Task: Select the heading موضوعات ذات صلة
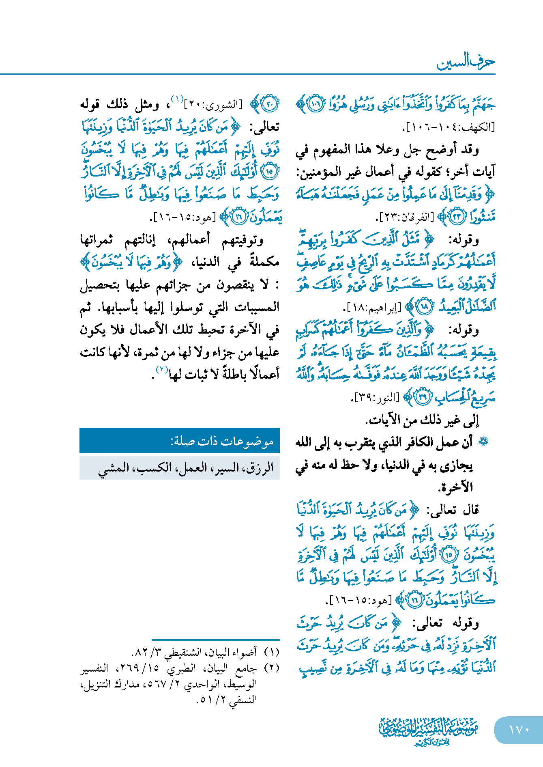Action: [x=222, y=441]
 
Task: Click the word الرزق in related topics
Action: [x=260, y=468]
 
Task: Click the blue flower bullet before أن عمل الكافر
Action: [x=483, y=442]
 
